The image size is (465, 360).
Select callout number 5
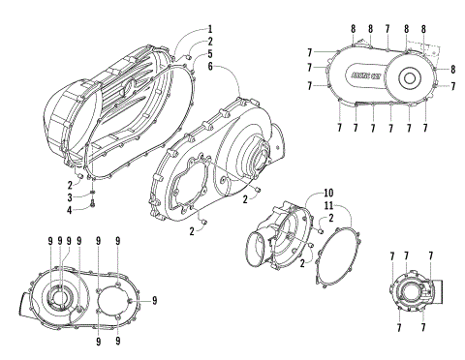(208, 56)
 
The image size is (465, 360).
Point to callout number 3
(69, 197)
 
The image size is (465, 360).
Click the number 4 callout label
(69, 210)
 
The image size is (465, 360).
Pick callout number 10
(301, 193)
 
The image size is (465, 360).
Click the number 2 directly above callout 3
(69, 184)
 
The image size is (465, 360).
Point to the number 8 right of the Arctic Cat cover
(452, 70)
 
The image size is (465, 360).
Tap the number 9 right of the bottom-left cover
(153, 300)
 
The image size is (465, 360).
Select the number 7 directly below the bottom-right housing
(423, 329)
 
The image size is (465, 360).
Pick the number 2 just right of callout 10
(332, 221)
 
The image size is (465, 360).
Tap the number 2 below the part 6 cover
(192, 230)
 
